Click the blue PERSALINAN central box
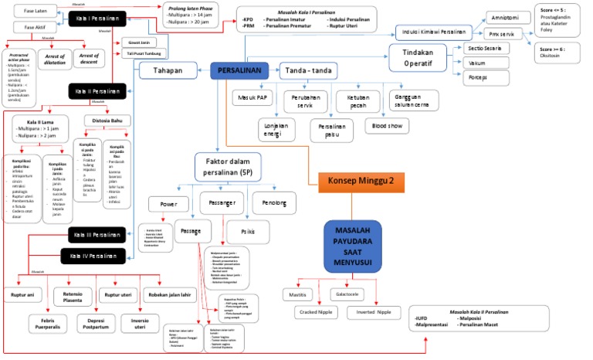[x=239, y=71]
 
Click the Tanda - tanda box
[x=308, y=71]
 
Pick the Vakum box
[x=477, y=63]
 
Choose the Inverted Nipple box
[x=374, y=313]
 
